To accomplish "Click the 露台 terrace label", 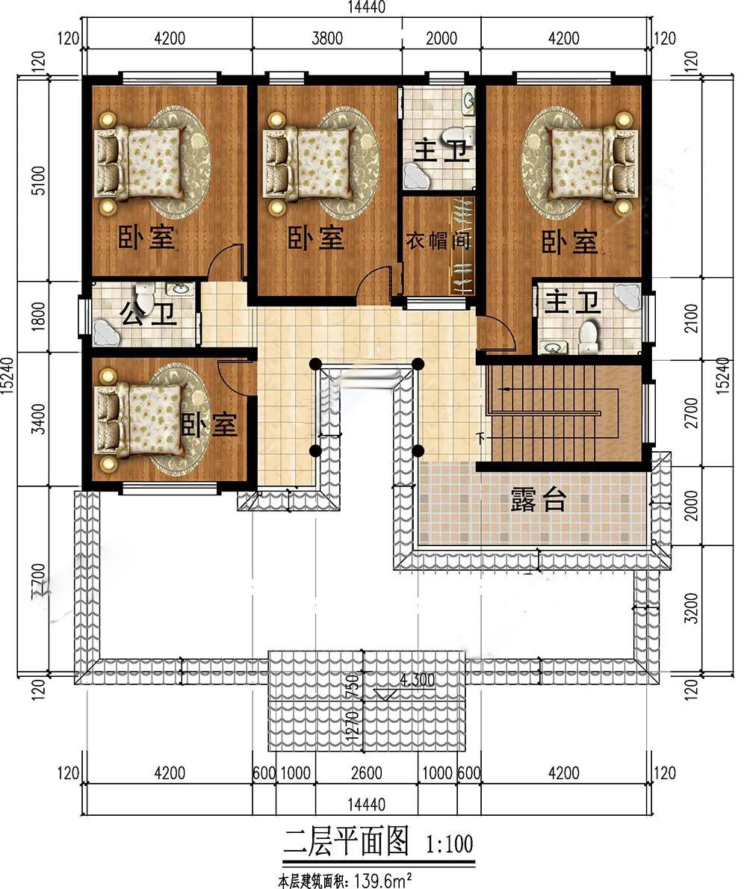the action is click(x=538, y=500).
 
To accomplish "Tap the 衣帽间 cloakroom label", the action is click(x=438, y=241).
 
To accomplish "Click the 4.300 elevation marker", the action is click(x=417, y=680).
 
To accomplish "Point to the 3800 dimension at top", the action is click(x=327, y=38).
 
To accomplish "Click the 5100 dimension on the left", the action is click(x=37, y=180).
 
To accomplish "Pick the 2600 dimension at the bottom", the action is click(x=366, y=772).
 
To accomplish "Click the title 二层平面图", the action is click(x=346, y=840).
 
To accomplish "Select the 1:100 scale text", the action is click(x=450, y=844).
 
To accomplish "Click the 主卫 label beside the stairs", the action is click(x=572, y=303).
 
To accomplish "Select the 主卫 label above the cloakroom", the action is click(x=443, y=152).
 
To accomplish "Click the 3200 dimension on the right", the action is click(x=692, y=608).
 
